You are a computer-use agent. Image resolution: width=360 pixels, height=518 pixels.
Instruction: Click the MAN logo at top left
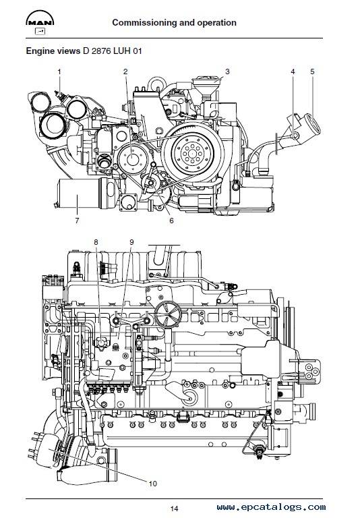pyautogui.click(x=40, y=18)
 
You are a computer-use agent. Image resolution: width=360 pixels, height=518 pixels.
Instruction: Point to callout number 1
pyautogui.click(x=59, y=71)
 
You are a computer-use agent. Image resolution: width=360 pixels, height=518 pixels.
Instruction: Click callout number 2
pyautogui.click(x=125, y=71)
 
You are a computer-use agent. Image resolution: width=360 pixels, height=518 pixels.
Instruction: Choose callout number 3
pyautogui.click(x=227, y=71)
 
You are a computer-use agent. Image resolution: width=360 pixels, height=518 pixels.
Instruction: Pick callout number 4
pyautogui.click(x=293, y=71)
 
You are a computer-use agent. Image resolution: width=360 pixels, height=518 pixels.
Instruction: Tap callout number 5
pyautogui.click(x=312, y=71)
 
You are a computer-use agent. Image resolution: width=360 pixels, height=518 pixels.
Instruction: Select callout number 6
pyautogui.click(x=171, y=221)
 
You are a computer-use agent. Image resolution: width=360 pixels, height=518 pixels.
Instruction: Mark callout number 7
pyautogui.click(x=78, y=221)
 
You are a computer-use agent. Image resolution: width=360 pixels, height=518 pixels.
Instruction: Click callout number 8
pyautogui.click(x=96, y=243)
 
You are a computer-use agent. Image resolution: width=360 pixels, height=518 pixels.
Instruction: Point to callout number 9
pyautogui.click(x=131, y=243)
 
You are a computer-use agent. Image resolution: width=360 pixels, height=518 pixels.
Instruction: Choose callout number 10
pyautogui.click(x=152, y=484)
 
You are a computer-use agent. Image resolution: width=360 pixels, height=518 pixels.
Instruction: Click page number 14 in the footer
pyautogui.click(x=175, y=509)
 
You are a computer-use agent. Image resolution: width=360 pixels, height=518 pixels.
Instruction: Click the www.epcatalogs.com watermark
pyautogui.click(x=271, y=507)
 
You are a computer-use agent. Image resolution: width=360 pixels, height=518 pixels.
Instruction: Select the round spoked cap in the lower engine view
pyautogui.click(x=168, y=314)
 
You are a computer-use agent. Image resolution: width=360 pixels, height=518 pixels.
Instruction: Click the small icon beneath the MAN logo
pyautogui.click(x=40, y=32)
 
